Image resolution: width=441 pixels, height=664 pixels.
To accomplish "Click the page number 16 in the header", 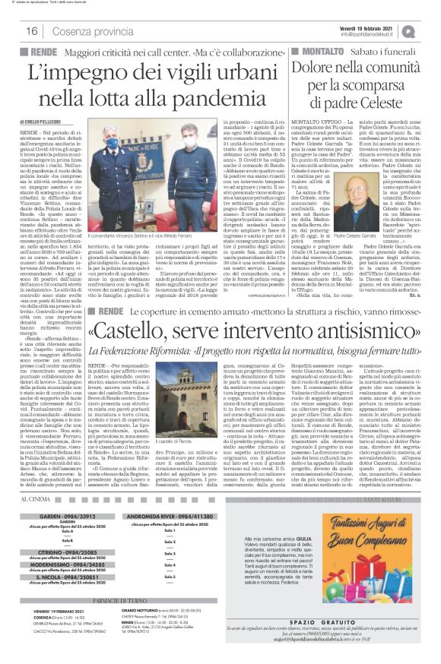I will coord(33,31).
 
